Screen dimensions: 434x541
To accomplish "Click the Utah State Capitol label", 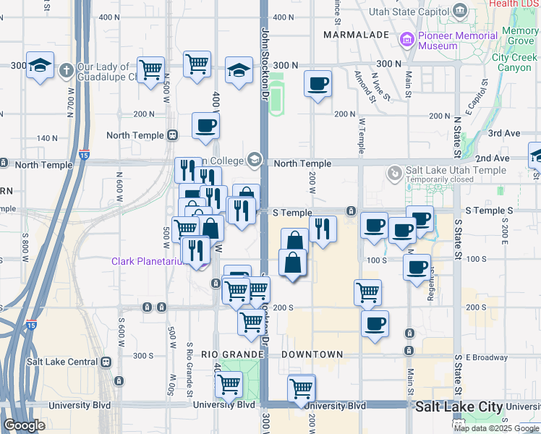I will tap(408, 12).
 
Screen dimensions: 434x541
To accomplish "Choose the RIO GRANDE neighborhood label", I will tap(230, 354).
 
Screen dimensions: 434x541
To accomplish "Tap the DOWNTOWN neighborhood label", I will tap(312, 354).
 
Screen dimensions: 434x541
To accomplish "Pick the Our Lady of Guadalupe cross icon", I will tap(66, 70).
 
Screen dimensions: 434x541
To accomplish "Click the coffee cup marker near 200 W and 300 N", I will tap(318, 84).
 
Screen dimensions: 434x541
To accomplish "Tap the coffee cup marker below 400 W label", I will tap(206, 125).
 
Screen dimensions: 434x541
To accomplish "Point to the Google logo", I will tap(24, 425).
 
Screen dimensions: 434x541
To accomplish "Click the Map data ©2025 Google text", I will tap(495, 428).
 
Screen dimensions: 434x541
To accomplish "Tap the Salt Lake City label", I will tap(459, 407).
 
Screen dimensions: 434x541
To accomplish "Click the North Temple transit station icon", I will tap(172, 135).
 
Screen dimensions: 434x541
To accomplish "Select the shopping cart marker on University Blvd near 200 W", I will tap(302, 388).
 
